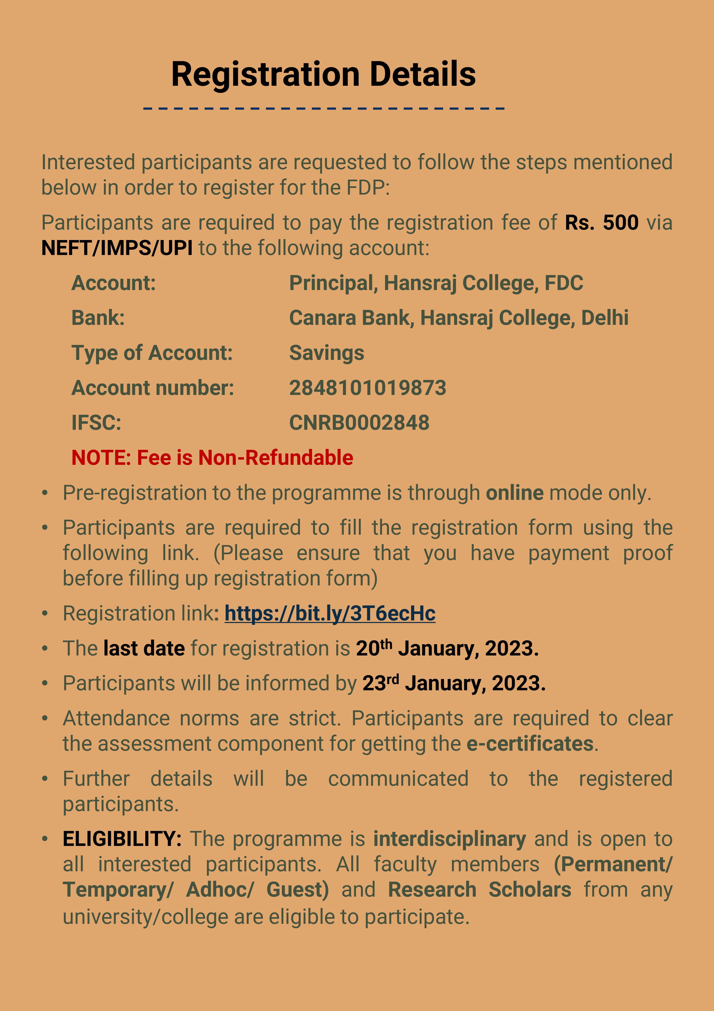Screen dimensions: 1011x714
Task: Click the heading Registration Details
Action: click(x=323, y=74)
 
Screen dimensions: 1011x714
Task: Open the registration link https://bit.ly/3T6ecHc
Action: click(x=330, y=613)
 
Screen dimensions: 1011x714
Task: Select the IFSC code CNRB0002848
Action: click(x=359, y=423)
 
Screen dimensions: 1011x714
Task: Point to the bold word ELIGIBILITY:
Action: click(x=122, y=839)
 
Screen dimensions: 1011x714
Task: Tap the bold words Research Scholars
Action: click(x=480, y=889)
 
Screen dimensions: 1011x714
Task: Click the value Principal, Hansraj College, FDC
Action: click(x=436, y=283)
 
